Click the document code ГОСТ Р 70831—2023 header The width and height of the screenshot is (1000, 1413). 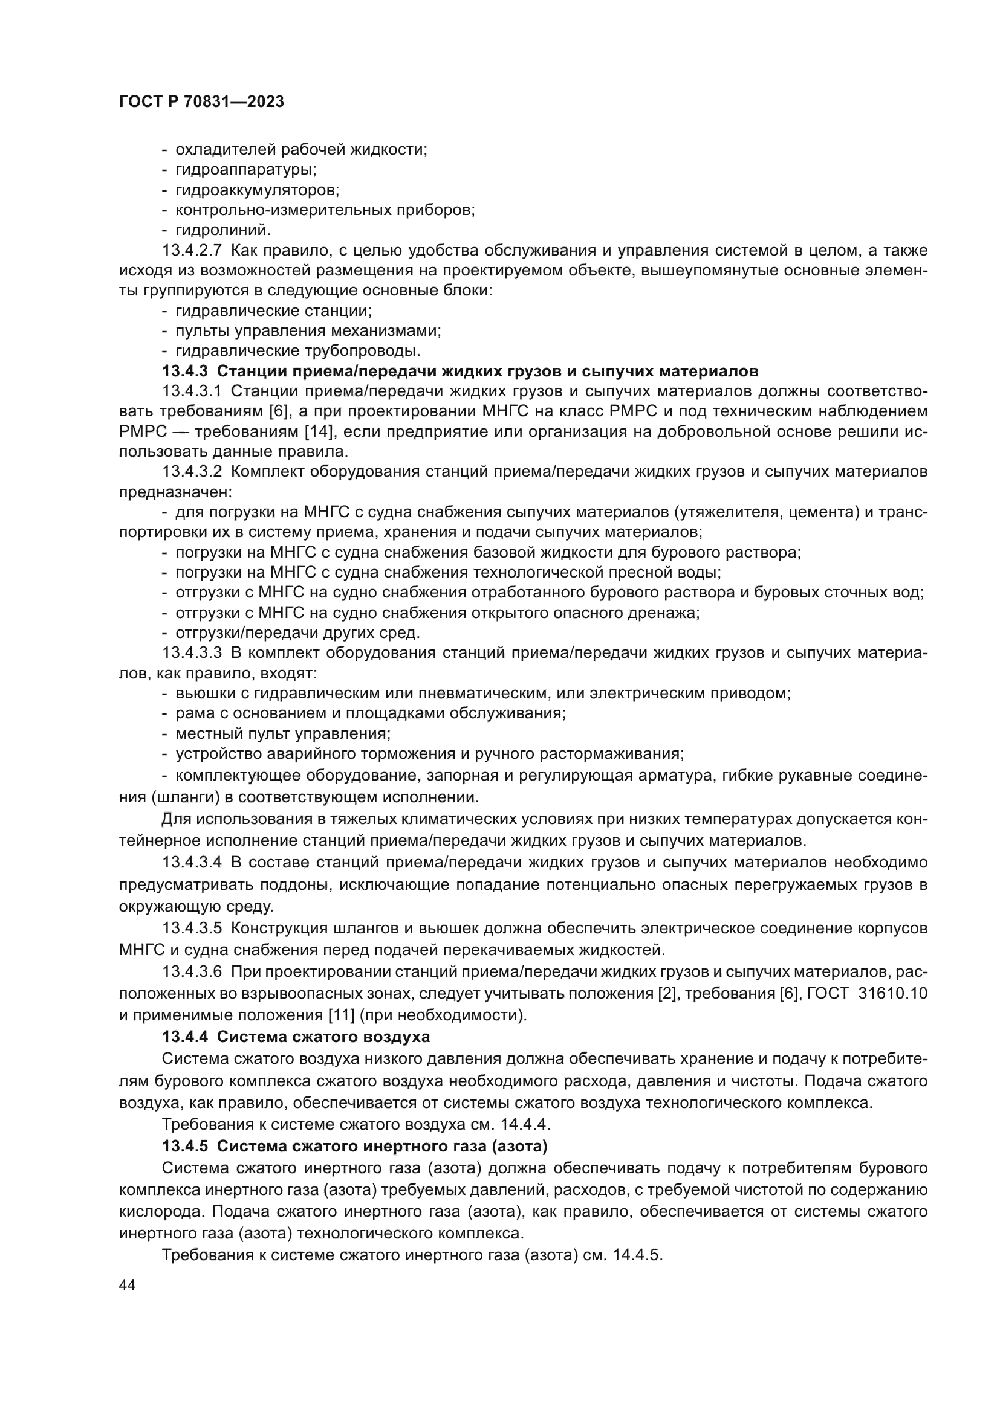click(x=201, y=102)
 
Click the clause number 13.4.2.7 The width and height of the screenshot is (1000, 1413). click(x=192, y=251)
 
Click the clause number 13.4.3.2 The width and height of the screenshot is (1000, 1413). click(x=192, y=472)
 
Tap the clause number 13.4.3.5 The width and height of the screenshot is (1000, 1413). click(x=192, y=928)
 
